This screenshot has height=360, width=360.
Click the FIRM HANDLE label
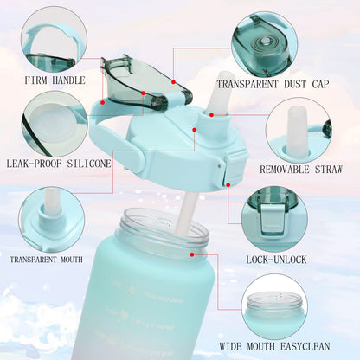click(x=55, y=80)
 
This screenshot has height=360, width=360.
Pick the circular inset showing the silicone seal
click(x=54, y=123)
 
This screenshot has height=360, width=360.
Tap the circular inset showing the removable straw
click(x=297, y=130)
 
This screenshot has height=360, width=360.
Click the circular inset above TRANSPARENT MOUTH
click(x=51, y=219)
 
